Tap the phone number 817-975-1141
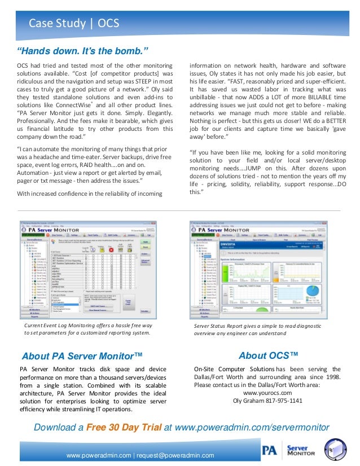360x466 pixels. (283, 401)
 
